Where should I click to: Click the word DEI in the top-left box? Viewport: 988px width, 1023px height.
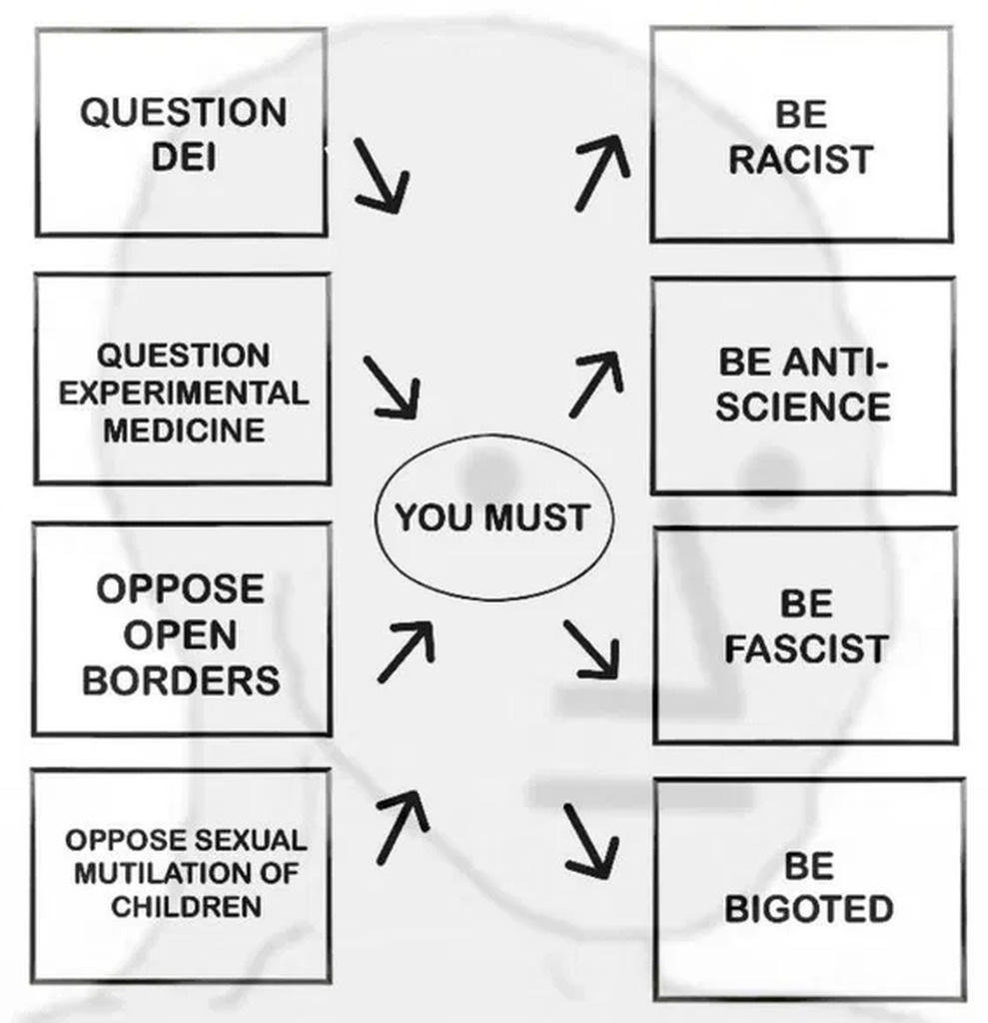tap(183, 158)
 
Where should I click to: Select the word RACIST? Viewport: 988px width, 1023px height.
tap(801, 160)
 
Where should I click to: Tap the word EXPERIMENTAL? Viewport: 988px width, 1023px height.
tap(183, 393)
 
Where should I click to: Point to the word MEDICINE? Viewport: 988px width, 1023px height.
tap(183, 431)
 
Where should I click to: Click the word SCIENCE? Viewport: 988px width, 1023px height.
tap(803, 407)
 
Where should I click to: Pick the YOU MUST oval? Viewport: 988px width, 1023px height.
tap(493, 517)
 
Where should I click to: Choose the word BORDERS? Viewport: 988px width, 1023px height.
tap(181, 680)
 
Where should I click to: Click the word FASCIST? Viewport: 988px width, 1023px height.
tap(805, 649)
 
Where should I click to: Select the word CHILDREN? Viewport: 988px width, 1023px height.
tap(187, 907)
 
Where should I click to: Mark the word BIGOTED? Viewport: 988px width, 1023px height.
tap(808, 910)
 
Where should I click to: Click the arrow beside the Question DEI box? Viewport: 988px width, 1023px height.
tap(382, 177)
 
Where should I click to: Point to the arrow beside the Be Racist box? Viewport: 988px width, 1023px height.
tap(602, 173)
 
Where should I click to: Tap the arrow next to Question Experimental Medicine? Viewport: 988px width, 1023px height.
tap(392, 388)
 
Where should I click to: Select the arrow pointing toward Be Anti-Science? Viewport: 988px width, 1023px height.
tap(596, 383)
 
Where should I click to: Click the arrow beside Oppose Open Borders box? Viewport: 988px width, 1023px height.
tap(406, 650)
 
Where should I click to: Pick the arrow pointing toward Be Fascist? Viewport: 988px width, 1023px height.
tap(591, 649)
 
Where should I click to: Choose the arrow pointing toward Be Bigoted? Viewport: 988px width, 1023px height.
tap(589, 840)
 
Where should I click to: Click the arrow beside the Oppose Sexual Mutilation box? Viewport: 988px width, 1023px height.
tap(402, 825)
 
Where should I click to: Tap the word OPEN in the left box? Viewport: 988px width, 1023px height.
tap(181, 634)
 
